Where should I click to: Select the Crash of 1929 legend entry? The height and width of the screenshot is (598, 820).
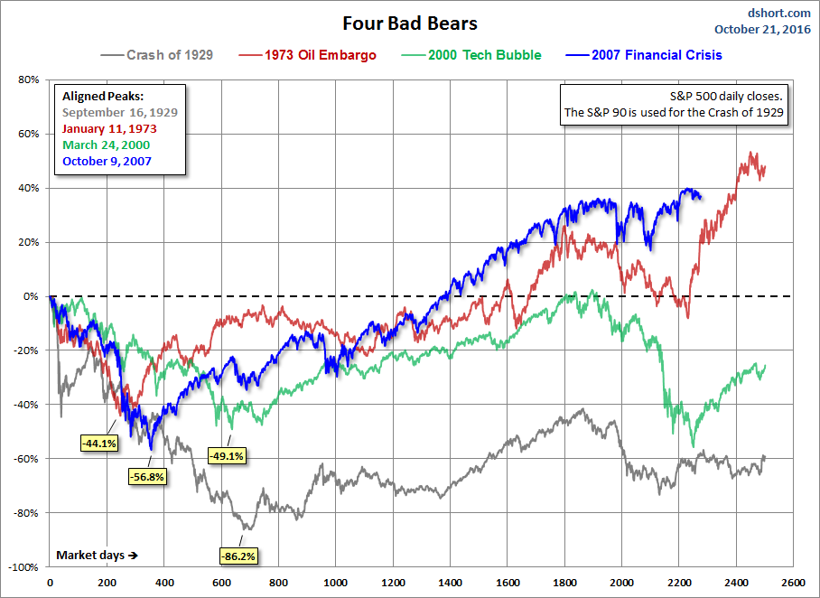click(x=159, y=55)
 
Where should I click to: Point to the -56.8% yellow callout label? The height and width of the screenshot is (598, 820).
click(x=147, y=476)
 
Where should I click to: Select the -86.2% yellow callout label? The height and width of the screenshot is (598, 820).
click(x=238, y=556)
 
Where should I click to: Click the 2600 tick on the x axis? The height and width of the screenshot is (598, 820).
click(x=793, y=584)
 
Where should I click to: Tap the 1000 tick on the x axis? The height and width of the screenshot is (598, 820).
click(x=336, y=584)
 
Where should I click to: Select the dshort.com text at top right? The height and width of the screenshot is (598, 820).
click(x=780, y=13)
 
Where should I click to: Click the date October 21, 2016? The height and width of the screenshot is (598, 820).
click(x=764, y=29)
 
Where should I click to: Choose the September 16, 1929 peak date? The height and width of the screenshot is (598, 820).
click(x=119, y=112)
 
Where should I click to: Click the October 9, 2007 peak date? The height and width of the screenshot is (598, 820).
click(x=107, y=161)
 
